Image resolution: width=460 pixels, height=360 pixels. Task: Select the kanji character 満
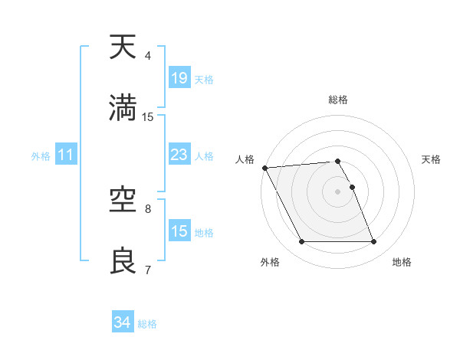pyautogui.click(x=124, y=109)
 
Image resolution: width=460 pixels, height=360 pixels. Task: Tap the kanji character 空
pyautogui.click(x=124, y=201)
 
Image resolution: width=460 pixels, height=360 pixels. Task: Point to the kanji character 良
pyautogui.click(x=124, y=262)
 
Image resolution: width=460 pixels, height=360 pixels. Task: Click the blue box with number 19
pyautogui.click(x=179, y=78)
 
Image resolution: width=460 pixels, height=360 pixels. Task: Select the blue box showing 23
pyautogui.click(x=179, y=155)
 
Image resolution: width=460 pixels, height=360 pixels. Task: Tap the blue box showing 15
pyautogui.click(x=179, y=231)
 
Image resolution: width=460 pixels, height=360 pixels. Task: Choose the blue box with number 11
pyautogui.click(x=66, y=155)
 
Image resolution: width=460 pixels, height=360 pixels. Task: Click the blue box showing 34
pyautogui.click(x=122, y=322)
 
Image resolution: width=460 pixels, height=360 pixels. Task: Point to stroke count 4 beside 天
pyautogui.click(x=148, y=56)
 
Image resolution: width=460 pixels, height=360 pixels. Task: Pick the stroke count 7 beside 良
pyautogui.click(x=148, y=270)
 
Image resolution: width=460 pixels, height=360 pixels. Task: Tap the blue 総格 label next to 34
pyautogui.click(x=147, y=324)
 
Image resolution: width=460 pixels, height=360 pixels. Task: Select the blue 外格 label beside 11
pyautogui.click(x=41, y=156)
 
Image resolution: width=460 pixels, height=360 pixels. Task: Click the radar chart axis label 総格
pyautogui.click(x=338, y=100)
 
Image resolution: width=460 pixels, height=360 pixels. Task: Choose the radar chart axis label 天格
pyautogui.click(x=432, y=159)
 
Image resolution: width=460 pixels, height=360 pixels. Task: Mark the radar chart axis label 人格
pyautogui.click(x=245, y=159)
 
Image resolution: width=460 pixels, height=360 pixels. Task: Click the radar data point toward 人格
pyautogui.click(x=264, y=168)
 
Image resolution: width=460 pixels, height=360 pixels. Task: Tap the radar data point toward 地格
pyautogui.click(x=374, y=242)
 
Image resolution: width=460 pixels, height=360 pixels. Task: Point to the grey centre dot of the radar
pyautogui.click(x=338, y=191)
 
